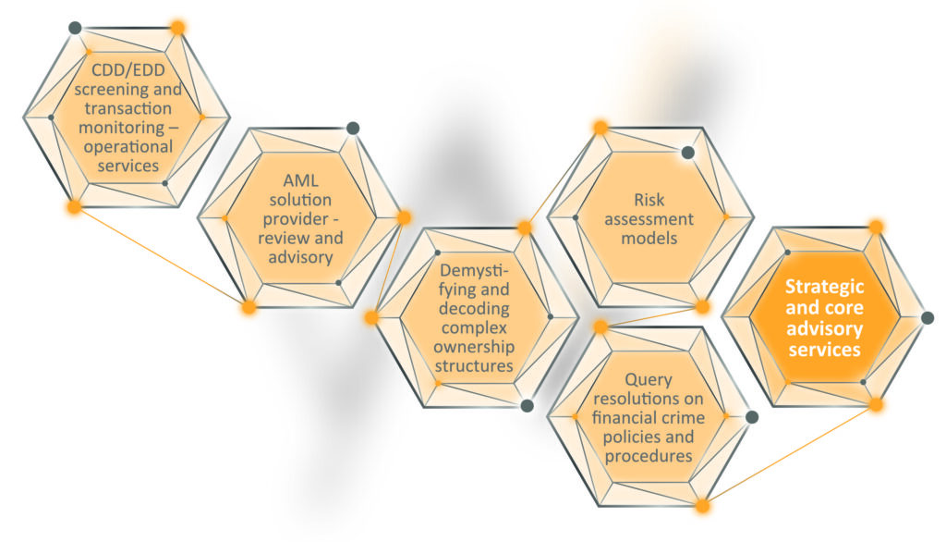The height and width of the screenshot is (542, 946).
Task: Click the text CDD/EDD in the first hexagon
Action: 127,70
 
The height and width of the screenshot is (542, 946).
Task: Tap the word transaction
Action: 127,109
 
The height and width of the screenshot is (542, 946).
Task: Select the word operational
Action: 127,147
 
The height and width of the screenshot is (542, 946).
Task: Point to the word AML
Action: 300,180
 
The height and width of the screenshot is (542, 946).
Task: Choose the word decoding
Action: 474,309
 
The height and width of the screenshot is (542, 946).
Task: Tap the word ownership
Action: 474,348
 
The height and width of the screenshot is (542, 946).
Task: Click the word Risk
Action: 649,200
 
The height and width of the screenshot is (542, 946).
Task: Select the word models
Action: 649,238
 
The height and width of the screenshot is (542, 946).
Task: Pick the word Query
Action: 649,380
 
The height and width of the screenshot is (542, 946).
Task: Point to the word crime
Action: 683,417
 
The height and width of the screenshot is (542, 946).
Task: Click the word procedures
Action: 649,456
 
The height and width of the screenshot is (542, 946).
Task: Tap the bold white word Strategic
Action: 824,287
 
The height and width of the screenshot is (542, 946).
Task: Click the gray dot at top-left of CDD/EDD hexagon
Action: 75,28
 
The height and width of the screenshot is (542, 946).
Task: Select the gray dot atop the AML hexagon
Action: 353,128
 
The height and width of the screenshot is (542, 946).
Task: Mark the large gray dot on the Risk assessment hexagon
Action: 687,153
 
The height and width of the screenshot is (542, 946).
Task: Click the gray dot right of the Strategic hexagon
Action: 928,318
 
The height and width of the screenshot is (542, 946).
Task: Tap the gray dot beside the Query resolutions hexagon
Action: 752,417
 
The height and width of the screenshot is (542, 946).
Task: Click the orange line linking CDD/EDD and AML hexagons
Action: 162,257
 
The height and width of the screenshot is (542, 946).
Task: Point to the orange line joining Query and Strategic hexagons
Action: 789,455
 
